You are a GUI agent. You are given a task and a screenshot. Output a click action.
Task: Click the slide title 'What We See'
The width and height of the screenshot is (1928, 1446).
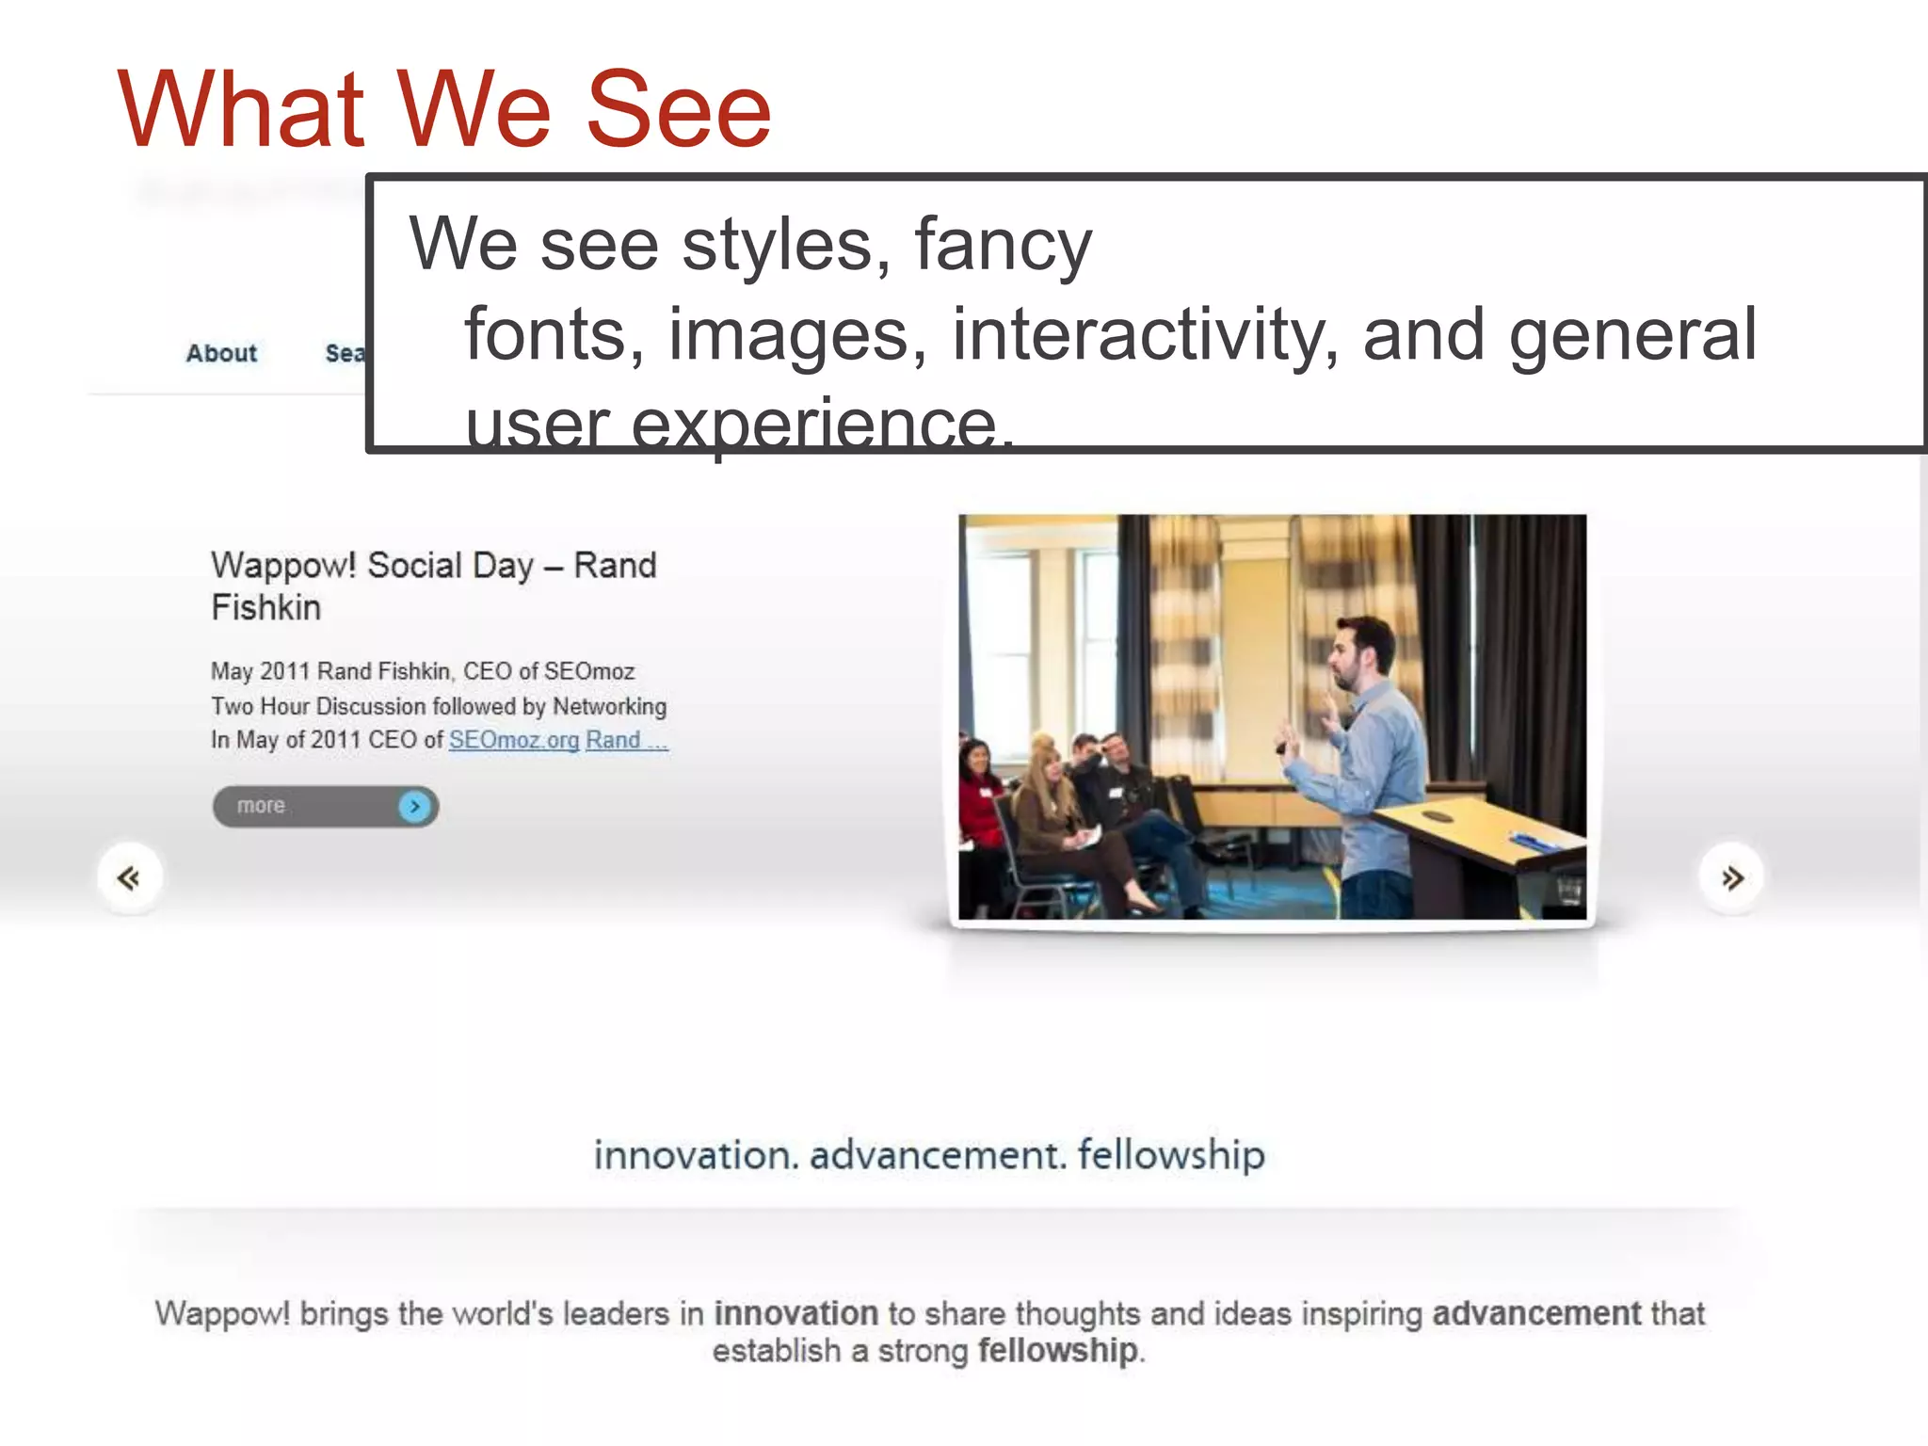[444, 110]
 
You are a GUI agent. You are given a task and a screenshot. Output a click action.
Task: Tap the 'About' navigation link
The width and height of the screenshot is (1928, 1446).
[221, 353]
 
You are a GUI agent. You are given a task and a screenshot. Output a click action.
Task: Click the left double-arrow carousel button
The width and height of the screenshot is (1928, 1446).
[130, 877]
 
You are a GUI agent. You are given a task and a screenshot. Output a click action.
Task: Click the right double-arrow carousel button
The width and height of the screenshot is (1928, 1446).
[1730, 877]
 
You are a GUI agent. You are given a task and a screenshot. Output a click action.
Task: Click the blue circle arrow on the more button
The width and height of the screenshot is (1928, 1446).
[414, 807]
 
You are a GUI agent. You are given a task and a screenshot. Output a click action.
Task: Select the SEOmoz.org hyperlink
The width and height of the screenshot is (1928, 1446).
[514, 740]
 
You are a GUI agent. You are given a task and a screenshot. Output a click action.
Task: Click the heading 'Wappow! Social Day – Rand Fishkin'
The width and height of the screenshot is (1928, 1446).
[433, 586]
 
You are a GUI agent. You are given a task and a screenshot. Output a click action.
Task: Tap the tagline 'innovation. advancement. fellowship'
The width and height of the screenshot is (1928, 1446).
[928, 1155]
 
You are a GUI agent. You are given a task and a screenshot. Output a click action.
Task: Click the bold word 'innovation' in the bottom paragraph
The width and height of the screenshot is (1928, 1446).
[795, 1313]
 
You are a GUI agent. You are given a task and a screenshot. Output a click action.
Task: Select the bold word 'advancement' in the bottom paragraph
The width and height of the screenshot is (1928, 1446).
[1536, 1313]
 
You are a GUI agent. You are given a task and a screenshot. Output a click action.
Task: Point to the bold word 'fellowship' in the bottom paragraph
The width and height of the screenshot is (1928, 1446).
[1057, 1351]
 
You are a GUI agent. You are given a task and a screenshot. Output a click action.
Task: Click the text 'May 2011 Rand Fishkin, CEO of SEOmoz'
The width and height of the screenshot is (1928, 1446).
[423, 671]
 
